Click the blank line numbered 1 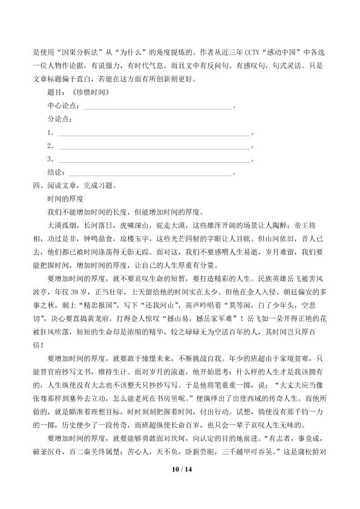[154, 133]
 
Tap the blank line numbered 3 [154, 159]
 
